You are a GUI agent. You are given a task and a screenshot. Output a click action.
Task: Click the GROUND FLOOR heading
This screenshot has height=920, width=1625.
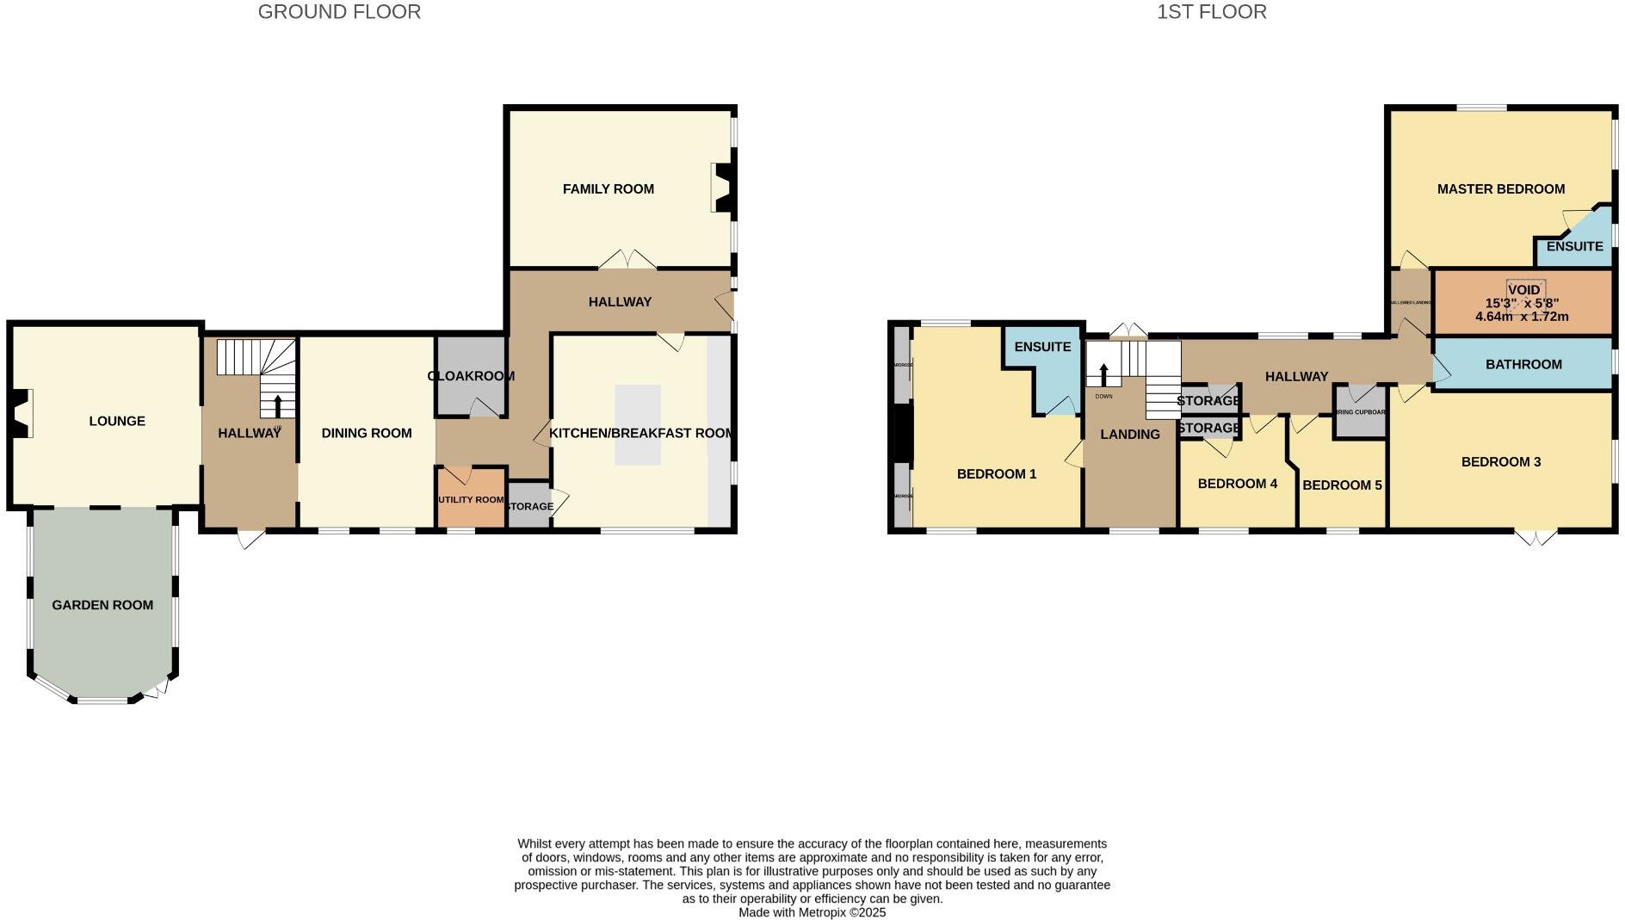[339, 12]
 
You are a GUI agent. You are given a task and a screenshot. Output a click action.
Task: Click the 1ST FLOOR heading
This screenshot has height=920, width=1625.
[1211, 12]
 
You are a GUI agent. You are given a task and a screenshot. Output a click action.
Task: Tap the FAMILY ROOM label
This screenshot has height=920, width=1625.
[608, 189]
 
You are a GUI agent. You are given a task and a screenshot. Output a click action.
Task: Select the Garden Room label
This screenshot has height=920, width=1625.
[102, 605]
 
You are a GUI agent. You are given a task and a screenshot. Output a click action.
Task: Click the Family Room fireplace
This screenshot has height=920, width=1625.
[721, 188]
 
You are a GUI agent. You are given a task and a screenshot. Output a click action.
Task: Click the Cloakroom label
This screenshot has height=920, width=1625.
[471, 376]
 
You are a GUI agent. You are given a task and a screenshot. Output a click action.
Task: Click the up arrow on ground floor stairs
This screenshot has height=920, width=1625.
[277, 405]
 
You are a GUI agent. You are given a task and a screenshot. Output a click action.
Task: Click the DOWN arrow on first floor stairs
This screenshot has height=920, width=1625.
[1103, 375]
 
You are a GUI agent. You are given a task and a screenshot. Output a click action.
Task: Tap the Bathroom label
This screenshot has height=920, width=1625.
[1523, 365]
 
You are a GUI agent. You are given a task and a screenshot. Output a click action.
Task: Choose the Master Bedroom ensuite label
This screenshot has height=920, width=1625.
[1574, 246]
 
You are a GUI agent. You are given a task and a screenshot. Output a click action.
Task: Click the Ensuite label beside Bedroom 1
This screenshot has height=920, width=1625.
[1042, 347]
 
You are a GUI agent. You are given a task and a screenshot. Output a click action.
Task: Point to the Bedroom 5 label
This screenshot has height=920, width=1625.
[1342, 485]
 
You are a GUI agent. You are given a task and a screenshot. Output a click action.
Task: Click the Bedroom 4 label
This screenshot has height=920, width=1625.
[1237, 484]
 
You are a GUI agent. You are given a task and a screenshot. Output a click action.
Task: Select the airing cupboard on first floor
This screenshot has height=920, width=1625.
[1360, 412]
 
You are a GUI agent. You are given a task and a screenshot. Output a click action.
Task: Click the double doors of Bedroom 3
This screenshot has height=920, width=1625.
[1535, 538]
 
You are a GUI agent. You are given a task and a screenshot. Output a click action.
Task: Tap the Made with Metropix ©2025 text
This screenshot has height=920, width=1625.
[812, 912]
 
